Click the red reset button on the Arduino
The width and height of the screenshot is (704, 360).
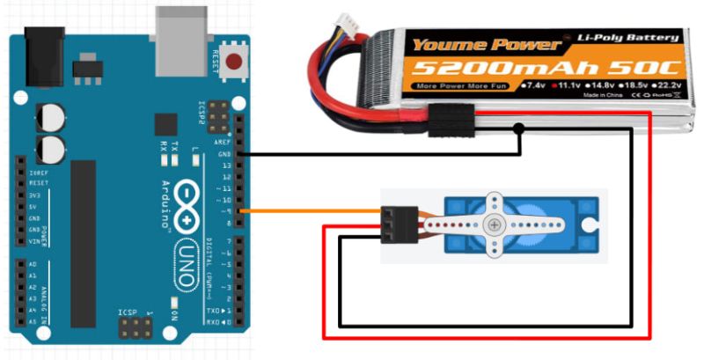click(235, 62)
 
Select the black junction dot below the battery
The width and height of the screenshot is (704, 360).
click(520, 129)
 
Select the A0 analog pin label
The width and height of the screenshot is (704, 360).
click(33, 264)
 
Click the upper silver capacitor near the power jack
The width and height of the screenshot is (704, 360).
click(51, 117)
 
